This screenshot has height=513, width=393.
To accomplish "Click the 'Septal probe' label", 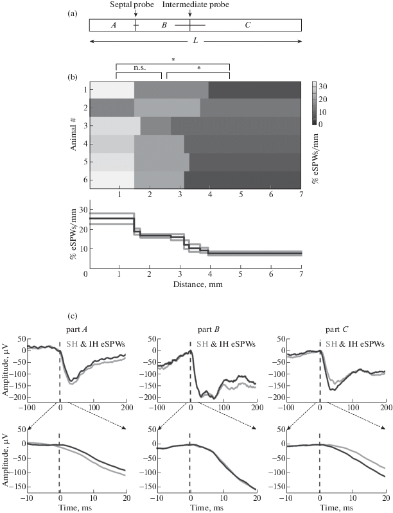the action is pos(132,4).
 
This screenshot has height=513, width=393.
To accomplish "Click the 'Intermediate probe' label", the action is pos(196,4).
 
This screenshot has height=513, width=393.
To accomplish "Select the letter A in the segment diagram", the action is pos(114,25).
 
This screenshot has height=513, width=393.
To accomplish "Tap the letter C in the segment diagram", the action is pos(248,25).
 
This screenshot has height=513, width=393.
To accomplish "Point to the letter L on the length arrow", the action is pos(195,42).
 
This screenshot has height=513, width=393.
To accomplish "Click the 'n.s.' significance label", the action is pos(139,68).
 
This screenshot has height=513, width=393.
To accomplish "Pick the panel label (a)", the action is pos(73,13).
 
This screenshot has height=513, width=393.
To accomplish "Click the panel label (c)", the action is pos(73,317).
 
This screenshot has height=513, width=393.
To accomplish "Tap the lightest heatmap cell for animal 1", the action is pos(112,90).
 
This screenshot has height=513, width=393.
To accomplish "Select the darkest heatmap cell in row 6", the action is pos(243,180).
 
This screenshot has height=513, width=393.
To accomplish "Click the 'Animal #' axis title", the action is pos(73,135).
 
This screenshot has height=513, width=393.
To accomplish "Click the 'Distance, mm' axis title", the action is pos(198,284).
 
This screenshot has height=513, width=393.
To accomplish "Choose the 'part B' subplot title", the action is pos(208,329).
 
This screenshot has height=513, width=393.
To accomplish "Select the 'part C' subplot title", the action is pos(337,329).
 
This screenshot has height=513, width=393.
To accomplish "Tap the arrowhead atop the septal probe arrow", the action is pos(135,15).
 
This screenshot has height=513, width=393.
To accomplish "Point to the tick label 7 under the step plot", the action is pos(301,274).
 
